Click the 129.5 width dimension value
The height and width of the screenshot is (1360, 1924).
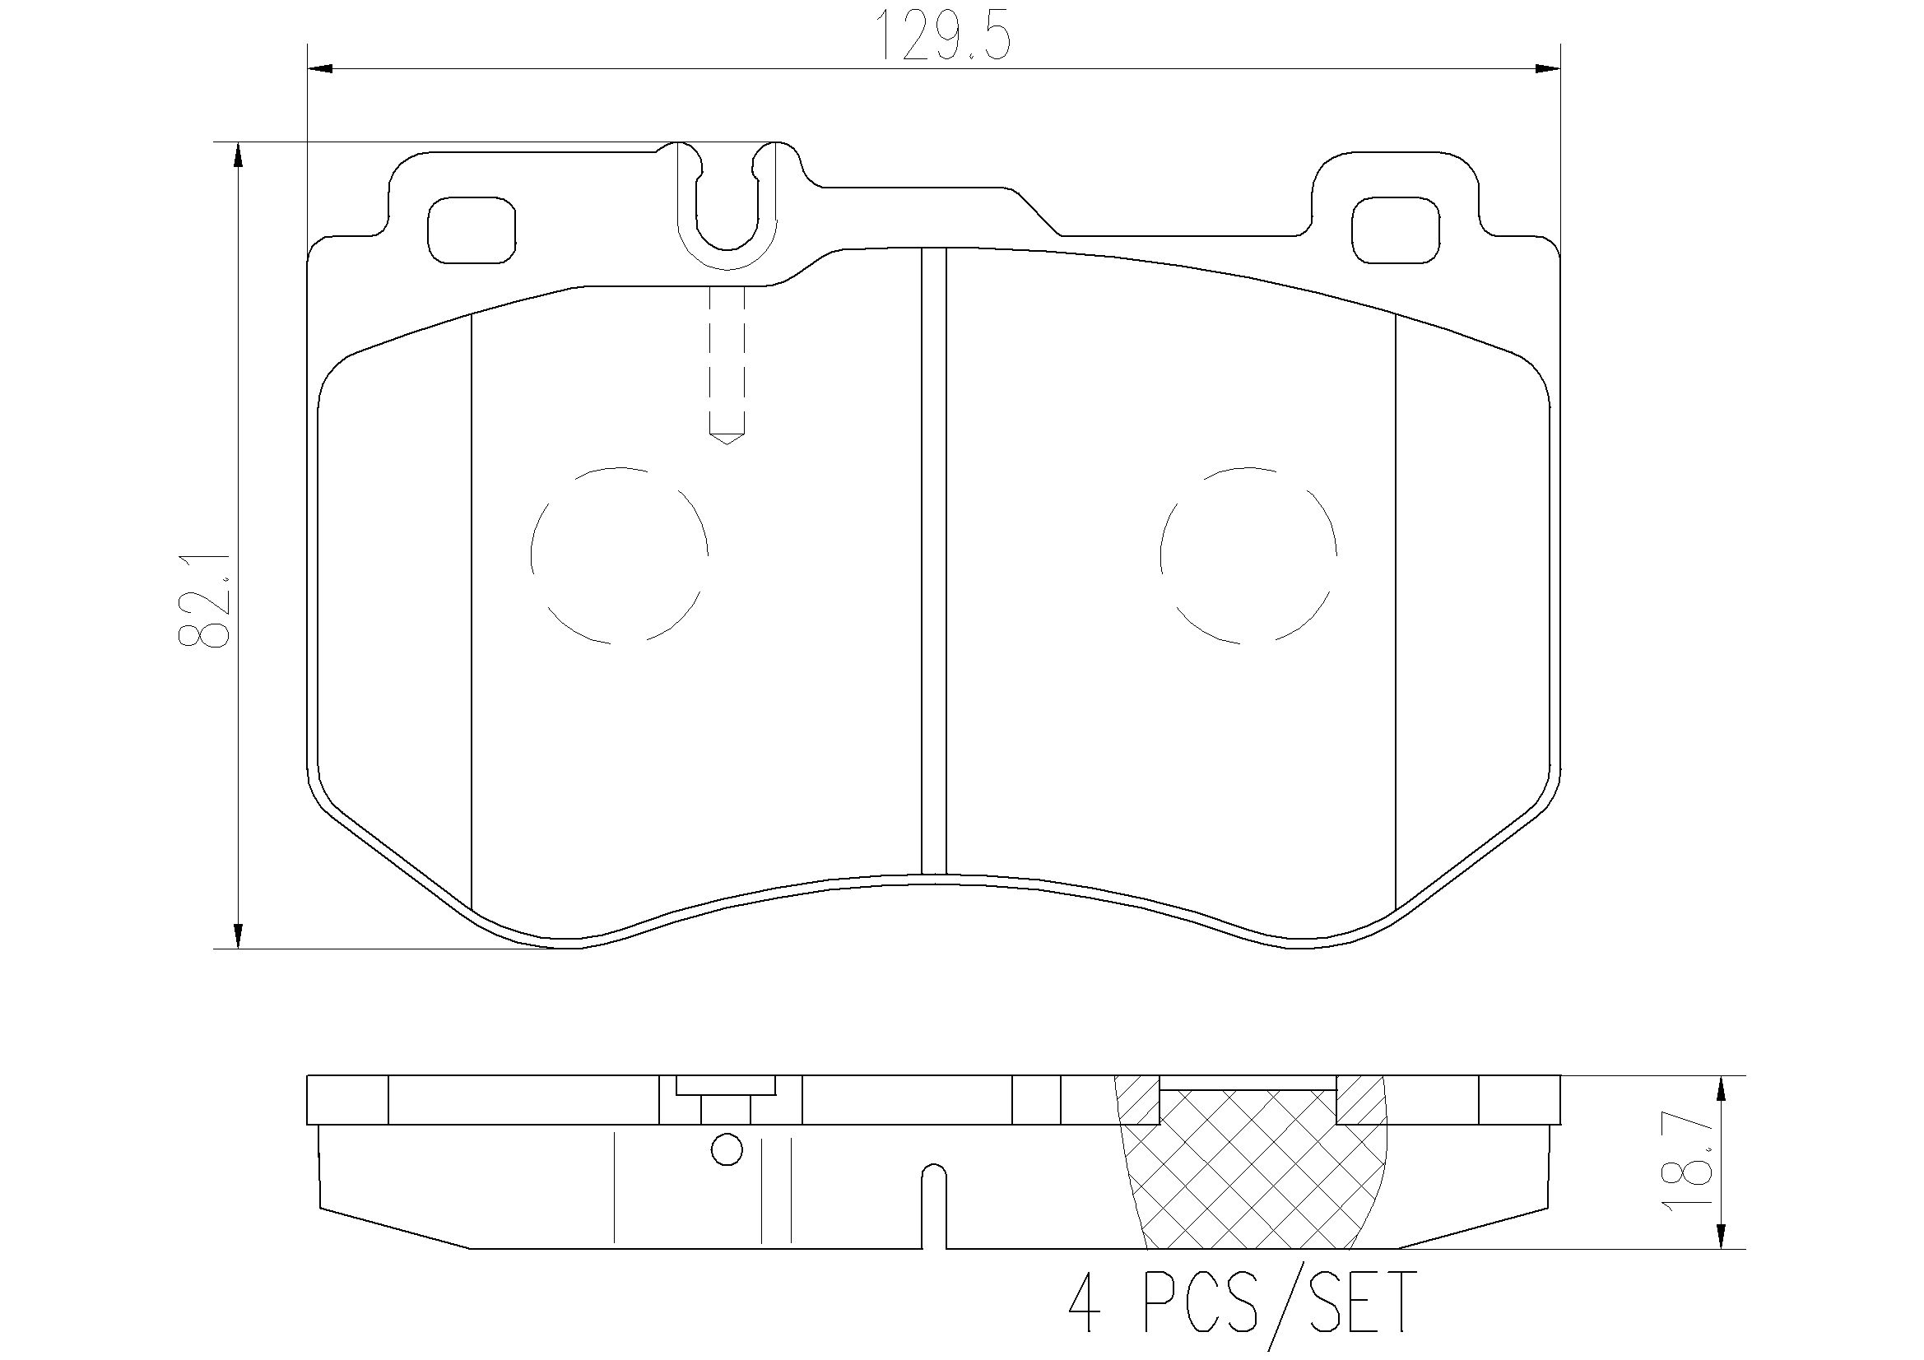click(945, 36)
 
